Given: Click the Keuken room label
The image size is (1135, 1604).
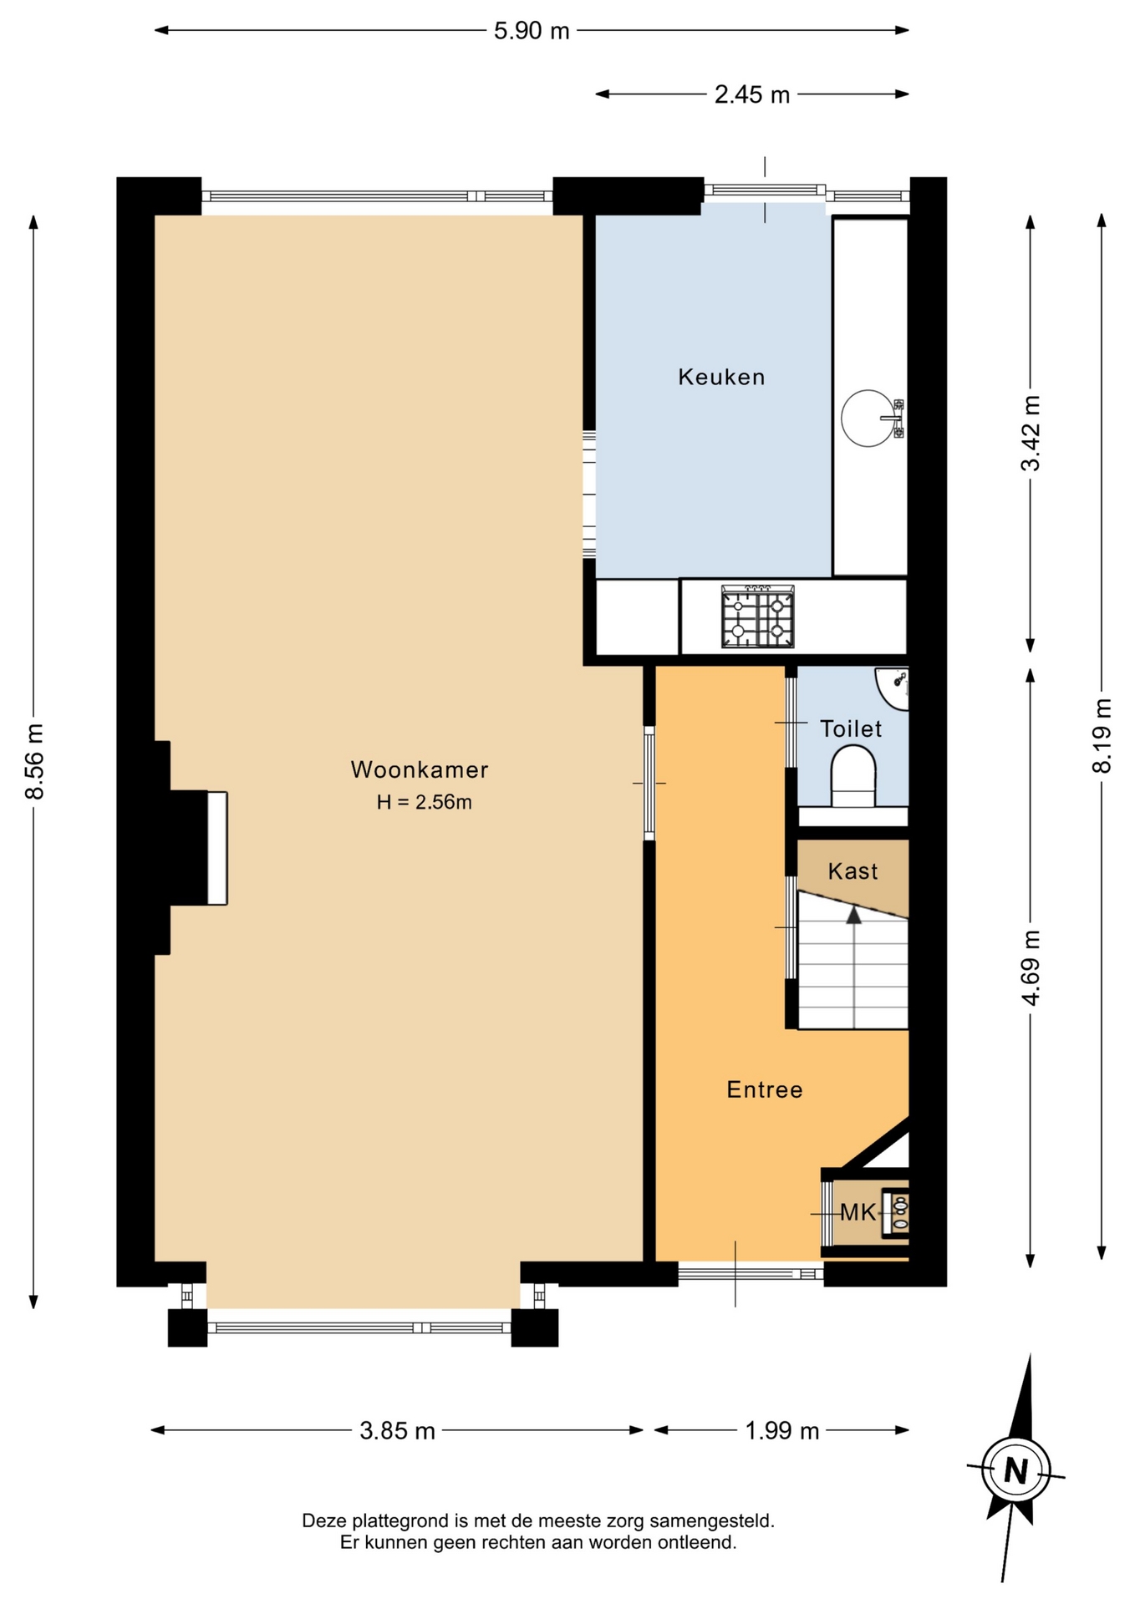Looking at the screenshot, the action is (x=721, y=377).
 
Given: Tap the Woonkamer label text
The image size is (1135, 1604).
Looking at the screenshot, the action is (x=420, y=769).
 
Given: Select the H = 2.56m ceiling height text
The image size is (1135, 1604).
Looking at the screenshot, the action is (x=424, y=802).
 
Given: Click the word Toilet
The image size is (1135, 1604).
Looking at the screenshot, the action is (x=851, y=728).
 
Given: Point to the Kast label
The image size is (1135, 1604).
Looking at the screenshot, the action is (x=853, y=871).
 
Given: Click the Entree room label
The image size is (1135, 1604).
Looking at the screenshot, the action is (x=765, y=1089).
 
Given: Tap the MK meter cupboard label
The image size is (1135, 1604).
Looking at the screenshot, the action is (x=858, y=1212).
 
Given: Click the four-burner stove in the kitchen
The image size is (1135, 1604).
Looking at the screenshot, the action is (x=758, y=617).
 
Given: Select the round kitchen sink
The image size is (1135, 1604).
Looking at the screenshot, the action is (x=868, y=418).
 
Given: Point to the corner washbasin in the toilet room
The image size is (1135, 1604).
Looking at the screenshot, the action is (x=892, y=688).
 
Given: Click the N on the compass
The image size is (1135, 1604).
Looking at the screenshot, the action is (x=1015, y=1470).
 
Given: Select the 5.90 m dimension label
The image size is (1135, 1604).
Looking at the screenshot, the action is (x=532, y=31).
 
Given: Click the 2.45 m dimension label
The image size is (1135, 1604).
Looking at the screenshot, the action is (x=752, y=94).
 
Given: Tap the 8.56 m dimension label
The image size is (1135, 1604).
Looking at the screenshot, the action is (x=34, y=761).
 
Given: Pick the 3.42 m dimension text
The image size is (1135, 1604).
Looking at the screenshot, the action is (x=1031, y=434).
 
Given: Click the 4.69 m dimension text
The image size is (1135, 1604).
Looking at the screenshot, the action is (x=1031, y=967).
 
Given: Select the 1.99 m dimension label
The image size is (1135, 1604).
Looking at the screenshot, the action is (x=782, y=1431).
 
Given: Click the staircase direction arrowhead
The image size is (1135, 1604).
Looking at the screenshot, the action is (x=853, y=915).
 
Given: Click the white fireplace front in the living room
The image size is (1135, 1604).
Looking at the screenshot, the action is (x=217, y=848).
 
